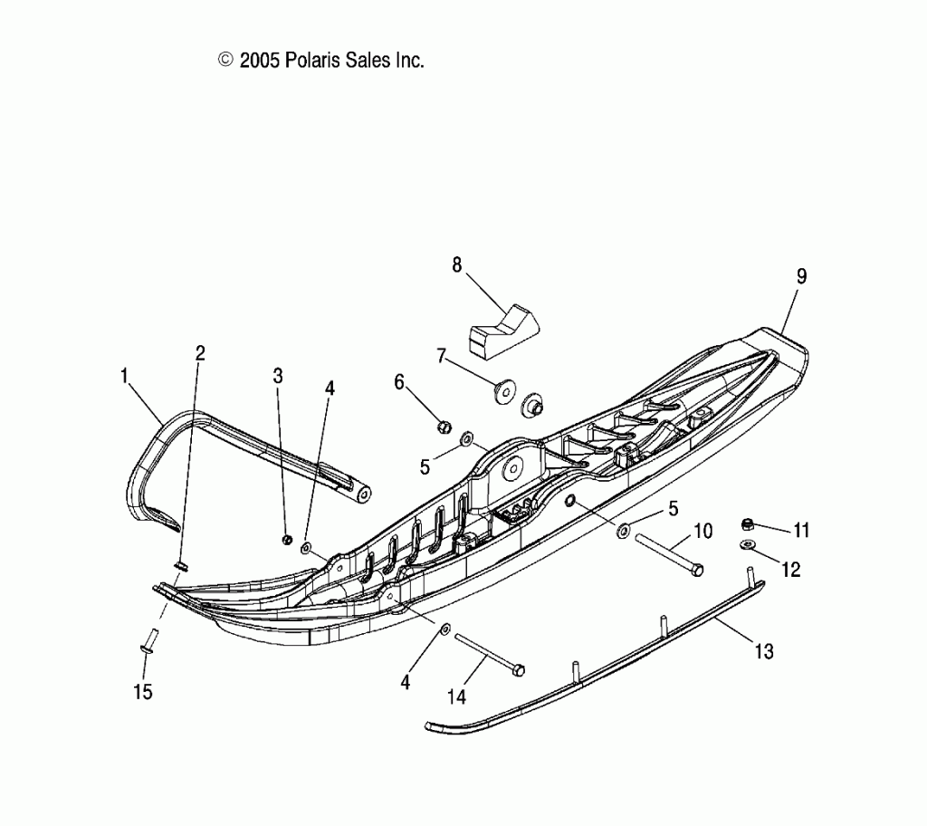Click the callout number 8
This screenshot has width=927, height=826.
pyautogui.click(x=456, y=264)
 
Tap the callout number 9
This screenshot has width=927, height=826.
pyautogui.click(x=801, y=276)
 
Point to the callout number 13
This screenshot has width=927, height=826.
pyautogui.click(x=764, y=650)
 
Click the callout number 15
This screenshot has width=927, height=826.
pyautogui.click(x=143, y=692)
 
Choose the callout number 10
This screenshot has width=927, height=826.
pyautogui.click(x=703, y=531)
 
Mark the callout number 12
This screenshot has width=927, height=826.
pyautogui.click(x=790, y=570)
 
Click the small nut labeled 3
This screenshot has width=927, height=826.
pyautogui.click(x=286, y=540)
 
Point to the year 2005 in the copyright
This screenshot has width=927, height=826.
pyautogui.click(x=261, y=61)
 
